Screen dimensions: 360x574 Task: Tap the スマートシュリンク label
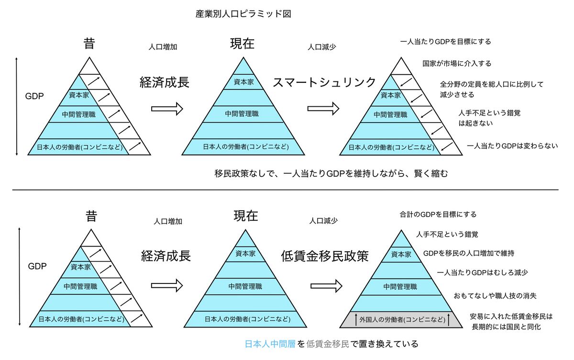(325, 82)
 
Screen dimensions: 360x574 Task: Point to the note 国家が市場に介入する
(457, 63)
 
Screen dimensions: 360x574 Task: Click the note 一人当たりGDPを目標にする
(445, 42)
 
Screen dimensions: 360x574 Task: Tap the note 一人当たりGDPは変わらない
(512, 146)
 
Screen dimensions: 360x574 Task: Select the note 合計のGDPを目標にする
(438, 214)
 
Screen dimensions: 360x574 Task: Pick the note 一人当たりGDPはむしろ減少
(483, 272)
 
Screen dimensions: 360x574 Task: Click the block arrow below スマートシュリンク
(323, 109)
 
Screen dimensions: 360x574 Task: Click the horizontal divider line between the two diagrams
(285, 190)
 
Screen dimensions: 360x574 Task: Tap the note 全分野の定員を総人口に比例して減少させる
(491, 90)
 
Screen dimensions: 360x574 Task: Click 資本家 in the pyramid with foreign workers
(401, 255)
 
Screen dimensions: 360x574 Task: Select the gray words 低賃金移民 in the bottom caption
(326, 344)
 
